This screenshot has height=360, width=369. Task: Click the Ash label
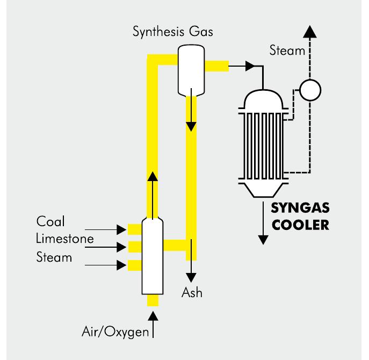pos(192,293)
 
